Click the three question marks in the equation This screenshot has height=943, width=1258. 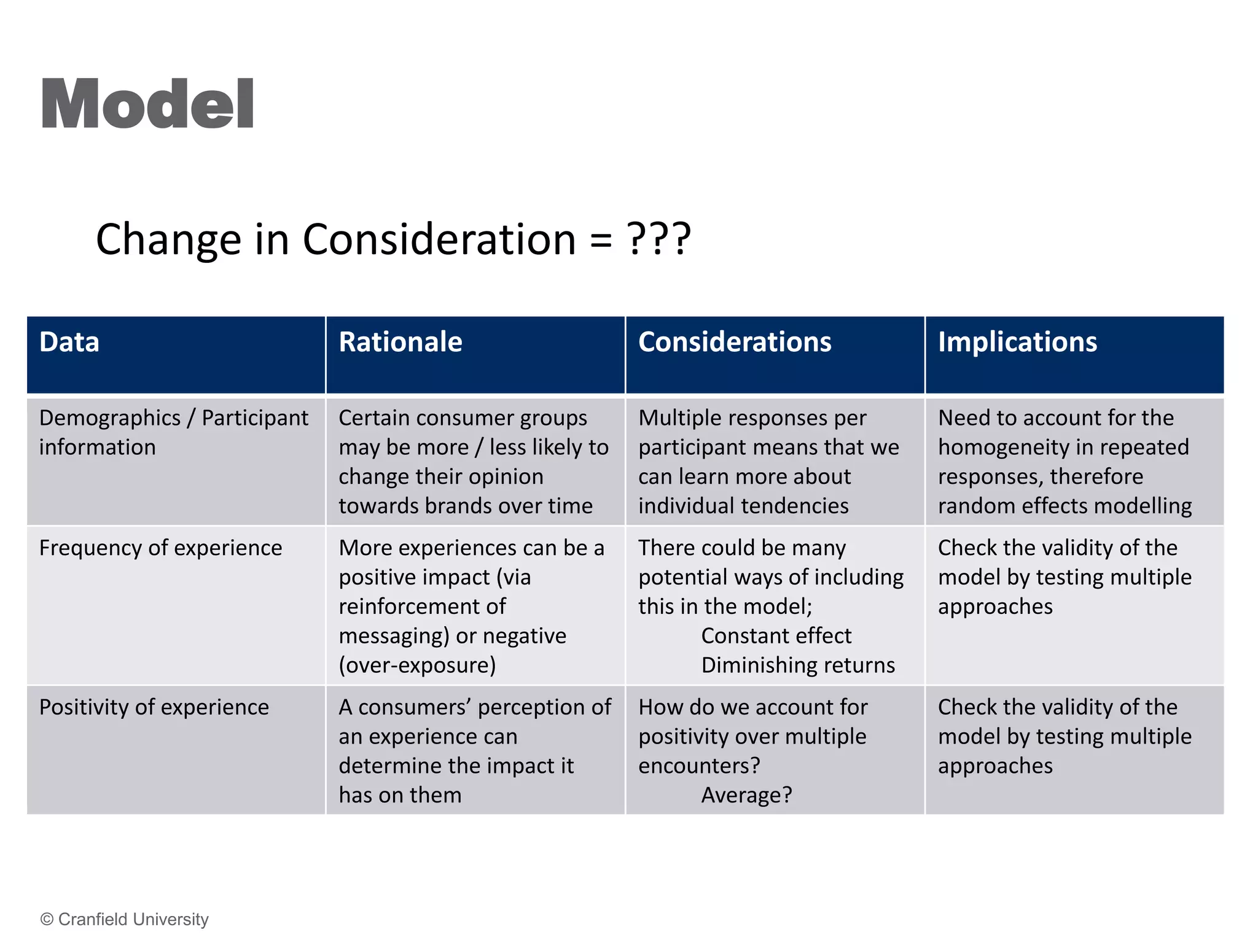(659, 239)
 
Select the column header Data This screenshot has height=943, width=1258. (69, 342)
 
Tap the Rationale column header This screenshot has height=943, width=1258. (400, 342)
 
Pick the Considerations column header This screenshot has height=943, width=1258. (734, 342)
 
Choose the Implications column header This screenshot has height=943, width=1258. (1017, 342)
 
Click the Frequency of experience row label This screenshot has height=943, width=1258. (160, 548)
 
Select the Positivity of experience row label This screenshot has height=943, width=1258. (154, 707)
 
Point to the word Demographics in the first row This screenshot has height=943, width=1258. (110, 418)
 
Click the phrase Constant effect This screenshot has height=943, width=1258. (776, 636)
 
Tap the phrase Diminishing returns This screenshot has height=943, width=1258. (797, 666)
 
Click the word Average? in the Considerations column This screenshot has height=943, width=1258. (746, 796)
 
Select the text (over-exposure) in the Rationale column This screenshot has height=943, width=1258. (417, 666)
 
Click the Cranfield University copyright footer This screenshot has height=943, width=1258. (125, 919)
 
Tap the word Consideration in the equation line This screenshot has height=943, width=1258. (439, 239)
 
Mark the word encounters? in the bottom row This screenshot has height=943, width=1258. (699, 766)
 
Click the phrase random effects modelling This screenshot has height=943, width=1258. (1065, 506)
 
